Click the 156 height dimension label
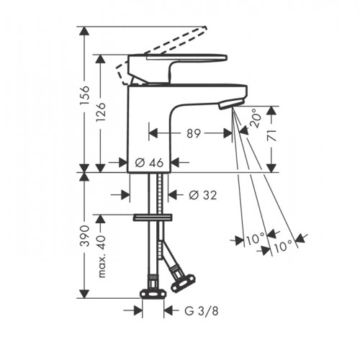85,95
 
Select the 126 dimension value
101,112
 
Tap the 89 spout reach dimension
194,133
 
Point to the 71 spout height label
271,135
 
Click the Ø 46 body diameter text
149,163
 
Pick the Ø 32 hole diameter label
203,195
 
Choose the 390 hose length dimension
85,236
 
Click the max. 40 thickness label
102,257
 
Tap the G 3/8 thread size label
202,311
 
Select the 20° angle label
255,118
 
